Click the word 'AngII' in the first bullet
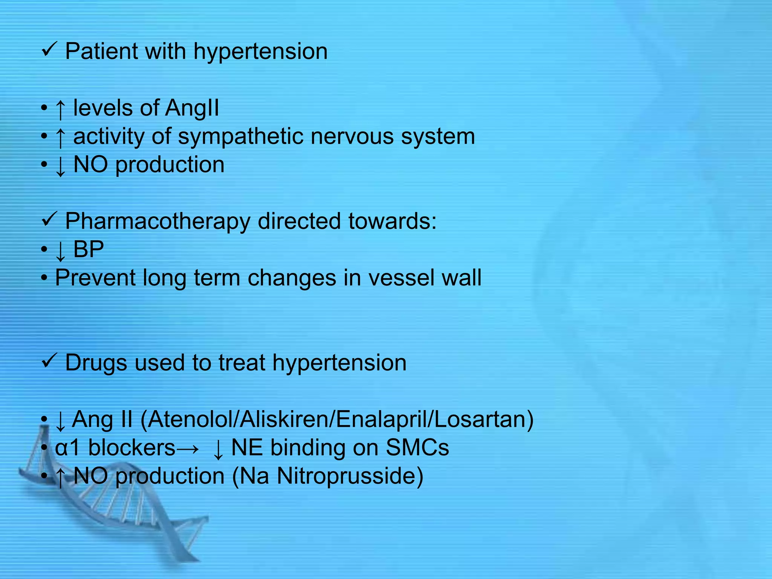192,108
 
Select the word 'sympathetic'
240,136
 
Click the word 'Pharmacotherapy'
158,221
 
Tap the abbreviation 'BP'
89,249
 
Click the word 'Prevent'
95,278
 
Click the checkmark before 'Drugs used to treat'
49,361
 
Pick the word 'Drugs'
96,363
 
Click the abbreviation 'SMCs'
417,448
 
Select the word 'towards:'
392,221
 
